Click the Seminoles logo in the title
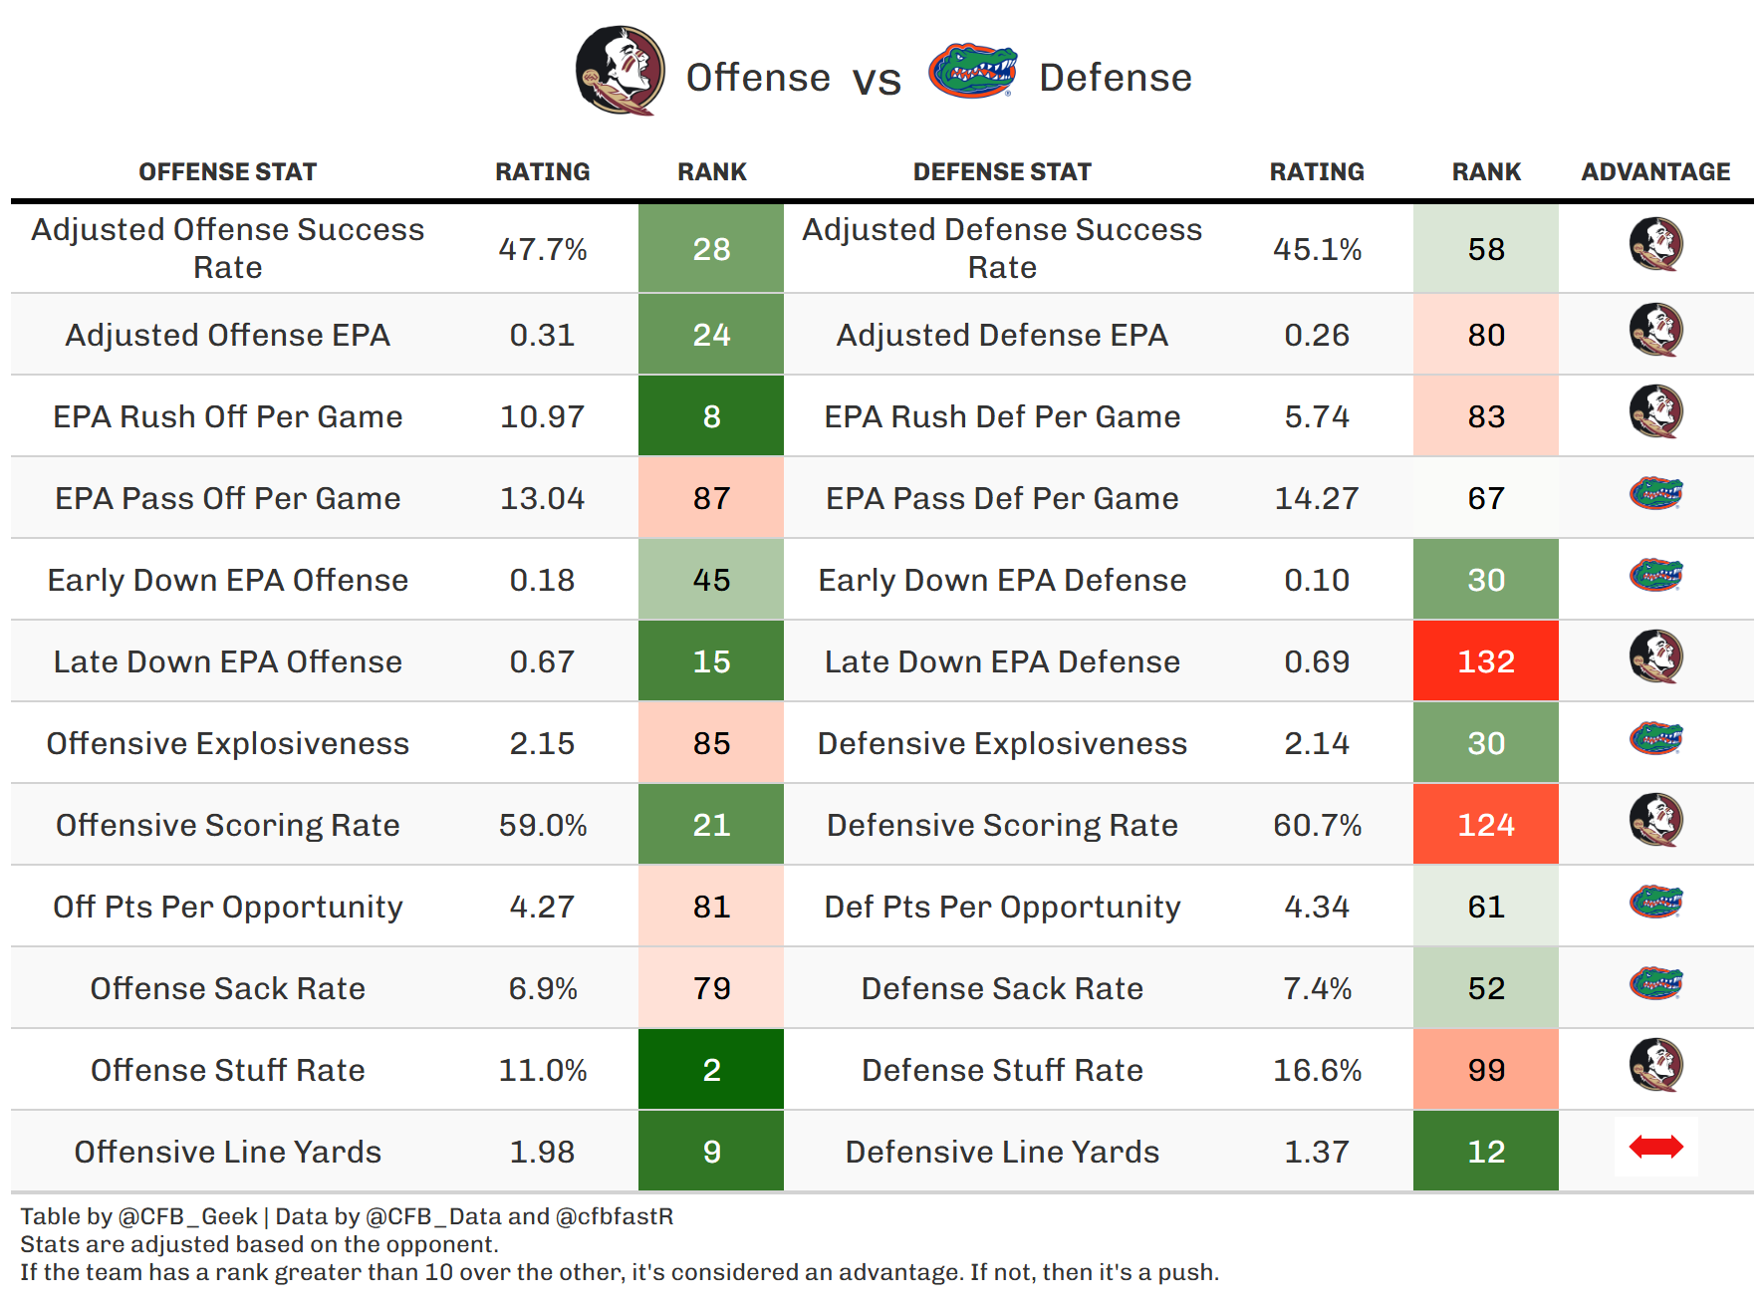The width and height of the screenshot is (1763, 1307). pyautogui.click(x=620, y=71)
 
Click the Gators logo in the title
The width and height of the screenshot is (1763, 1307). pyautogui.click(x=972, y=71)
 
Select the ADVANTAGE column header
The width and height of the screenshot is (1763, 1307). pyautogui.click(x=1655, y=172)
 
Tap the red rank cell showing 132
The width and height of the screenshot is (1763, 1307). pyautogui.click(x=1485, y=661)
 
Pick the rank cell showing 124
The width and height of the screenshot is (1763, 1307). pyautogui.click(x=1485, y=825)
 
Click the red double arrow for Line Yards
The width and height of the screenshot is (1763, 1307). pyautogui.click(x=1655, y=1148)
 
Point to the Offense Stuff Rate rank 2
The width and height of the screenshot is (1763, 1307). pyautogui.click(x=711, y=1070)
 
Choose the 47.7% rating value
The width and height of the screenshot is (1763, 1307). pyautogui.click(x=543, y=249)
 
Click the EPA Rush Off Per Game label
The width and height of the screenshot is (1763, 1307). pyautogui.click(x=228, y=416)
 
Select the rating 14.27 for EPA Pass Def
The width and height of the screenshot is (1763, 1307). pyautogui.click(x=1317, y=498)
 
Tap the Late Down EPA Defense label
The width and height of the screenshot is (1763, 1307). pyautogui.click(x=1002, y=661)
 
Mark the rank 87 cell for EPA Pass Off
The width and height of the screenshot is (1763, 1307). pyautogui.click(x=711, y=498)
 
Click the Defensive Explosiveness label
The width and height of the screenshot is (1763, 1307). pyautogui.click(x=1002, y=743)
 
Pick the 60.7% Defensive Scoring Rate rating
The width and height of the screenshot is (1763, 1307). pyautogui.click(x=1317, y=825)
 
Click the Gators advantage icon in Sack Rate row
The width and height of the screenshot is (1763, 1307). pyautogui.click(x=1655, y=984)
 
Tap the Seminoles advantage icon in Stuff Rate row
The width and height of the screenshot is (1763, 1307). pyautogui.click(x=1655, y=1065)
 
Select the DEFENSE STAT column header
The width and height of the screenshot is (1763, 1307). pyautogui.click(x=1002, y=172)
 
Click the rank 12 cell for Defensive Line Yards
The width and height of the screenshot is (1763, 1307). pyautogui.click(x=1485, y=1152)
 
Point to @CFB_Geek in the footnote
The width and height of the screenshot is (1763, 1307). pyautogui.click(x=187, y=1216)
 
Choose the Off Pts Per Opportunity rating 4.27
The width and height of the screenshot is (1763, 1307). pyautogui.click(x=543, y=907)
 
